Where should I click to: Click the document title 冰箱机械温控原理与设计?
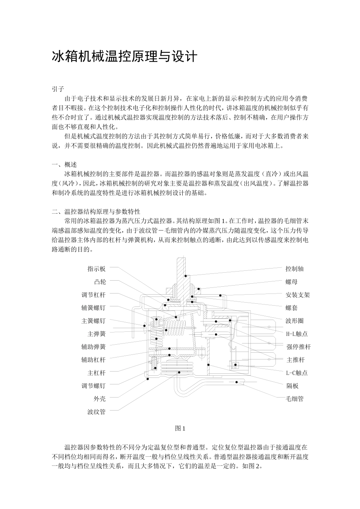pyautogui.click(x=125, y=57)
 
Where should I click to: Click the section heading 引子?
pyautogui.click(x=58, y=89)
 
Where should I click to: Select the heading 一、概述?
pyautogui.click(x=64, y=165)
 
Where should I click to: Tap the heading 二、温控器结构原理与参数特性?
pyautogui.click(x=96, y=211)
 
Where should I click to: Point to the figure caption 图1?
pyautogui.click(x=180, y=428)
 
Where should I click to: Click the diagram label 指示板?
pyautogui.click(x=97, y=269)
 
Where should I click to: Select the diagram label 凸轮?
pyautogui.click(x=100, y=282)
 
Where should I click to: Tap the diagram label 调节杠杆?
pyautogui.click(x=94, y=295)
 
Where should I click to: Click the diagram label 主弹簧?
pyautogui.click(x=97, y=334)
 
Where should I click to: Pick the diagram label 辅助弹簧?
pyautogui.click(x=94, y=347)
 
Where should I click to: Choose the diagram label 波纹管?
pyautogui.click(x=97, y=412)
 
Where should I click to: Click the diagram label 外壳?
pyautogui.click(x=100, y=399)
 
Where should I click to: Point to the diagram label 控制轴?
pyautogui.click(x=294, y=269)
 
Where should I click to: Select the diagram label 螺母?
pyautogui.click(x=291, y=282)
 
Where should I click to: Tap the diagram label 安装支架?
pyautogui.click(x=297, y=295)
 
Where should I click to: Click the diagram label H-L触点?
pyautogui.click(x=297, y=334)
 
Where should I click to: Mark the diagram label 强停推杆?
pyautogui.click(x=299, y=347)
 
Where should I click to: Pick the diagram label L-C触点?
pyautogui.click(x=297, y=373)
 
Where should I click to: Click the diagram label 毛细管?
pyautogui.click(x=294, y=399)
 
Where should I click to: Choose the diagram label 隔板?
pyautogui.click(x=291, y=386)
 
